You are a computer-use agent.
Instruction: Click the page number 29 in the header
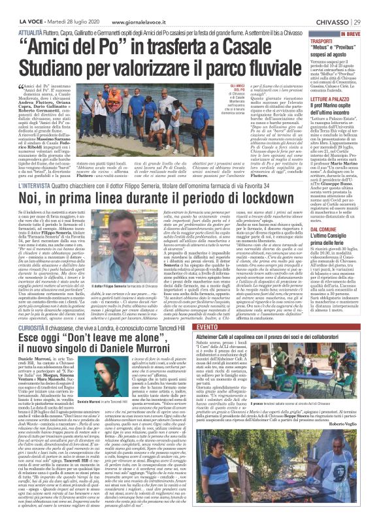click(367, 8)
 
